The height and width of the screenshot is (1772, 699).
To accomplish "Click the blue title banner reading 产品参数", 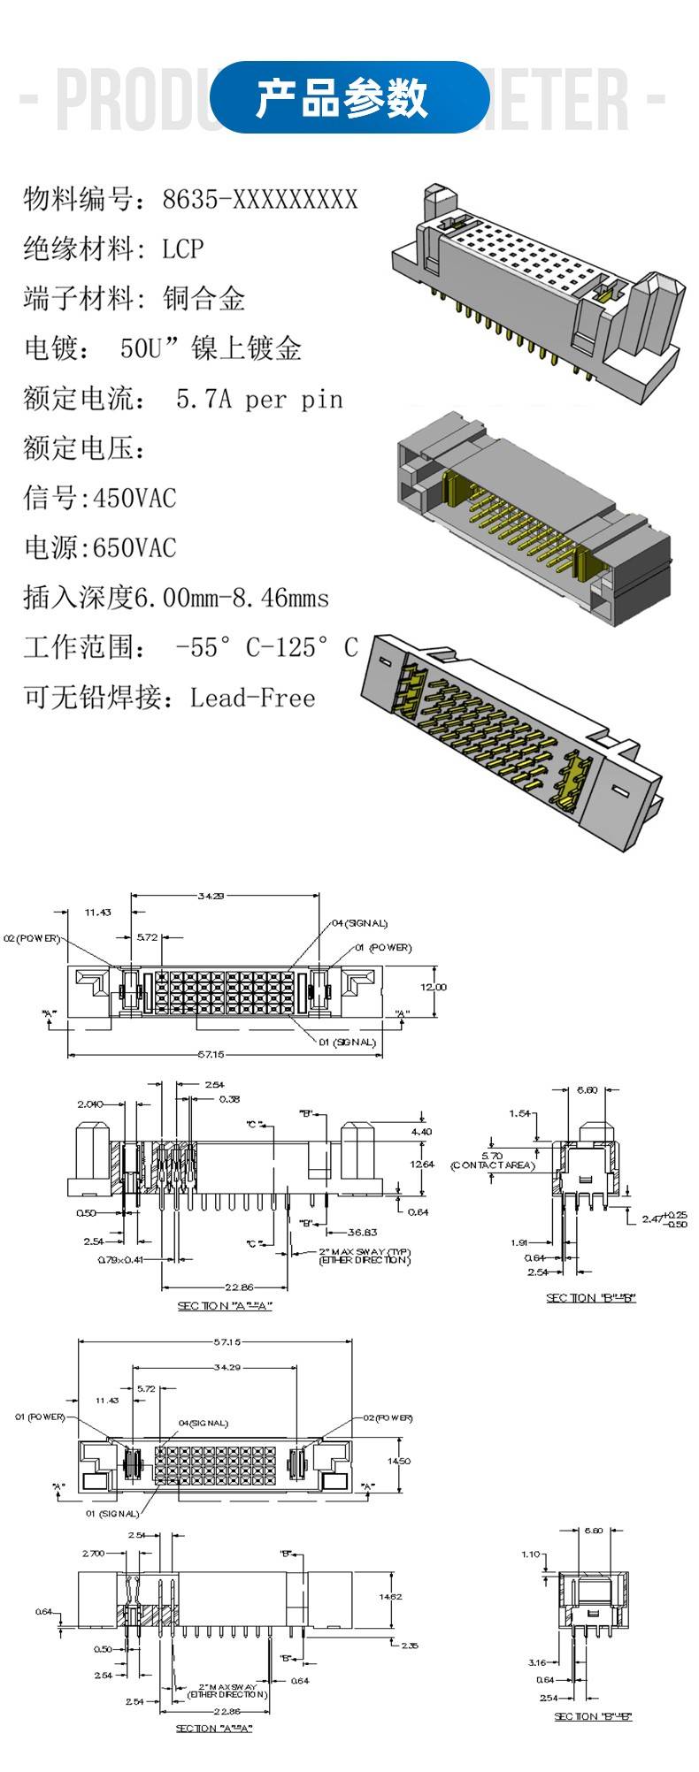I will (349, 97).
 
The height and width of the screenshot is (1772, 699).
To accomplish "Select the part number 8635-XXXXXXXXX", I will (259, 200).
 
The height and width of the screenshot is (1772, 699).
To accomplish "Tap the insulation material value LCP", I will (182, 249).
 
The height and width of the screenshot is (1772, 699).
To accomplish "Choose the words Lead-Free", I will (252, 699).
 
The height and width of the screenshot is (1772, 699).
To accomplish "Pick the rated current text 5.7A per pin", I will (259, 400).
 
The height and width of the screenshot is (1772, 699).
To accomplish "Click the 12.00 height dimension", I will (434, 987).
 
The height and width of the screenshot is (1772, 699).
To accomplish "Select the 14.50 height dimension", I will (399, 1462).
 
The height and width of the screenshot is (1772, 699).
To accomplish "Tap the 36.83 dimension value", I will (363, 1232).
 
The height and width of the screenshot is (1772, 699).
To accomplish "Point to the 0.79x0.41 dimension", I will (120, 1258).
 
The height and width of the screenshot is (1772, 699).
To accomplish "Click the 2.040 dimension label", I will (90, 1104).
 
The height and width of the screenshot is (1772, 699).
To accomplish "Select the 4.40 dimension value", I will (421, 1132).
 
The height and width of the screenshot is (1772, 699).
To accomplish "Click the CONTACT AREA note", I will (493, 1165).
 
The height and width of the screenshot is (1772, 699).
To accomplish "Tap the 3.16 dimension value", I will (536, 1662).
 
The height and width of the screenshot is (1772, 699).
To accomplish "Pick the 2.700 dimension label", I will (93, 1553).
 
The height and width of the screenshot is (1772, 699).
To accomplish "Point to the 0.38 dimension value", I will (229, 1099).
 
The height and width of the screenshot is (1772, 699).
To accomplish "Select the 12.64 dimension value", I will (422, 1165).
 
